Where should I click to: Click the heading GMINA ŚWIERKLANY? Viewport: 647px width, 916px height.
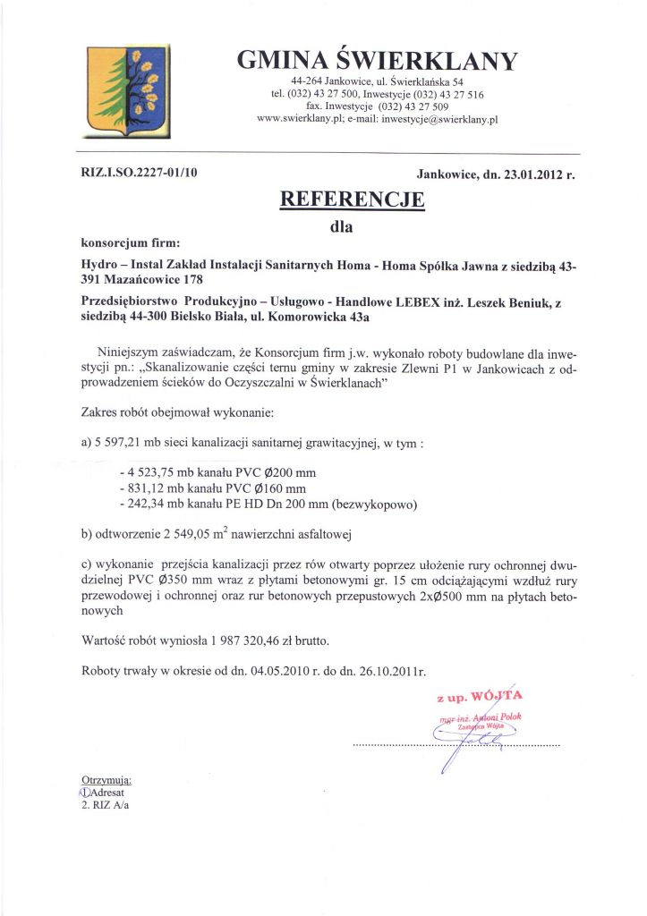click(377, 60)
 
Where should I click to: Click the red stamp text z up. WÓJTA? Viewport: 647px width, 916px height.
click(479, 695)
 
